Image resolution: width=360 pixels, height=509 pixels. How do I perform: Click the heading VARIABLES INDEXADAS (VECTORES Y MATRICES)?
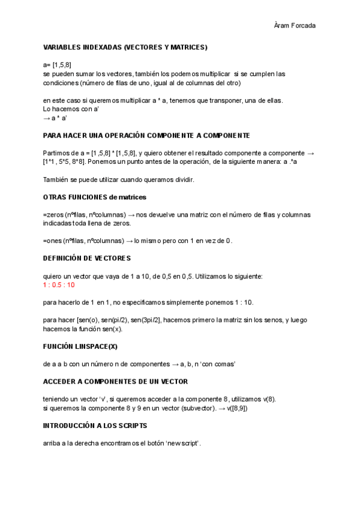[x=125, y=46]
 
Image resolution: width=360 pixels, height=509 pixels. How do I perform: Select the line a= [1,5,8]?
[x=58, y=65]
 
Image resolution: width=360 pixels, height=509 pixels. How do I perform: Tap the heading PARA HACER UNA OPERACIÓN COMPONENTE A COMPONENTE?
[x=146, y=135]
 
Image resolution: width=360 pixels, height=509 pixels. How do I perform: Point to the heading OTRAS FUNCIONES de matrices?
[x=95, y=197]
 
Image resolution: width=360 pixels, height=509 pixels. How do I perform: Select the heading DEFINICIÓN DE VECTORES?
[x=86, y=258]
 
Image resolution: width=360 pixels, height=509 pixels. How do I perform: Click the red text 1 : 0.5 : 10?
[x=59, y=285]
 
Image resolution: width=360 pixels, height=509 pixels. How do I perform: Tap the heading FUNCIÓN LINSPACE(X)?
[x=80, y=346]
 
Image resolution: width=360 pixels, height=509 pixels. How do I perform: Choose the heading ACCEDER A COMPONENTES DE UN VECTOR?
[x=115, y=381]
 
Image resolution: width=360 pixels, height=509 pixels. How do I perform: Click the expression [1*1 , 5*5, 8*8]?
[x=70, y=162]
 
